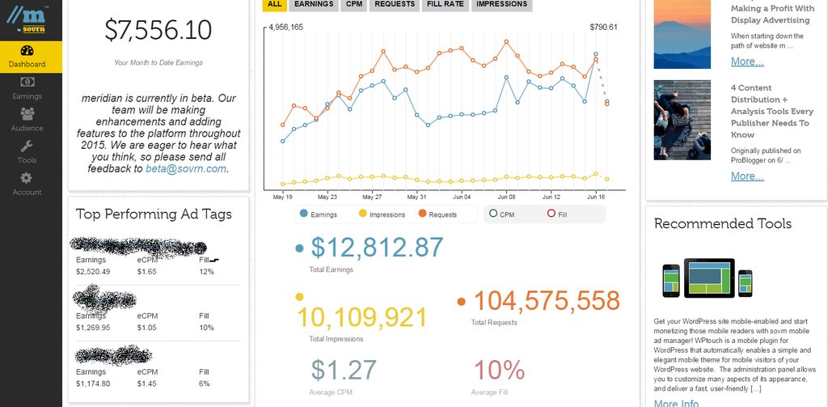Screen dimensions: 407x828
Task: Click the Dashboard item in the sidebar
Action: coord(27,56)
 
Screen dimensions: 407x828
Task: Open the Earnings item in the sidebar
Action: coord(27,87)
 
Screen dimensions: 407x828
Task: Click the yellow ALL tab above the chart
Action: coord(275,4)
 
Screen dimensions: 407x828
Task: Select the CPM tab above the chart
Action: coord(354,4)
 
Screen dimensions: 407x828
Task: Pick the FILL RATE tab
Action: coord(445,4)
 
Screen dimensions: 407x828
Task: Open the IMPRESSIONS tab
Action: coord(501,4)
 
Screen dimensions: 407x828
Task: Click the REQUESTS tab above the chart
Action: coord(395,4)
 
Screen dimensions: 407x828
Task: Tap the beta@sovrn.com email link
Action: coord(186,169)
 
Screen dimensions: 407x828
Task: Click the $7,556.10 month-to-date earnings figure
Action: coord(158,31)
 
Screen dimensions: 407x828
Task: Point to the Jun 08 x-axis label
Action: coord(506,197)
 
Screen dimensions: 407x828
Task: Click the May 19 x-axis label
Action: coord(283,197)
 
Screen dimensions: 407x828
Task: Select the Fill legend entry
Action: coord(557,214)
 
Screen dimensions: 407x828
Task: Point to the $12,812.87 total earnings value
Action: coord(377,248)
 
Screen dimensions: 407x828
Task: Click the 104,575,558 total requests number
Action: coord(546,301)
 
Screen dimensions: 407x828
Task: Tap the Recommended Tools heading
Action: coord(722,223)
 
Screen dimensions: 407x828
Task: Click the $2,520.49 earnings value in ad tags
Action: coord(93,271)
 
